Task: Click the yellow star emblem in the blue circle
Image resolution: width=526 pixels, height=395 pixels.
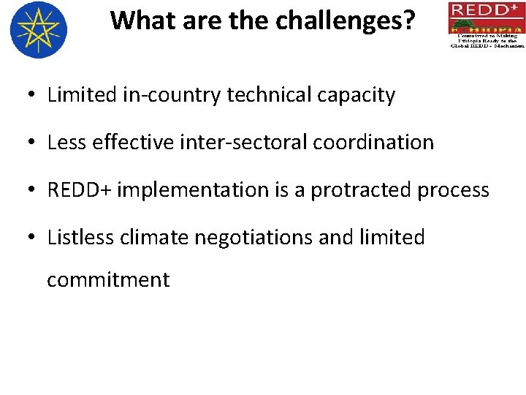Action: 39,30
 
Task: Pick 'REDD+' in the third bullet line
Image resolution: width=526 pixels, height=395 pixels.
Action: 79,190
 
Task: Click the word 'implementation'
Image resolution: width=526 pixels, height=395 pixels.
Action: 193,190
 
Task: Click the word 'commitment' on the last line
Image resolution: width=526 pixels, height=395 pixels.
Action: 108,279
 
